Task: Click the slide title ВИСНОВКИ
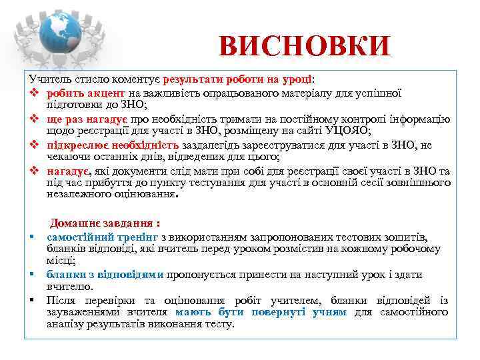(304, 47)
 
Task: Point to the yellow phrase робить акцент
(87, 94)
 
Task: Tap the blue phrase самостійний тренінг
(102, 237)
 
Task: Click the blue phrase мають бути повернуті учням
(261, 312)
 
